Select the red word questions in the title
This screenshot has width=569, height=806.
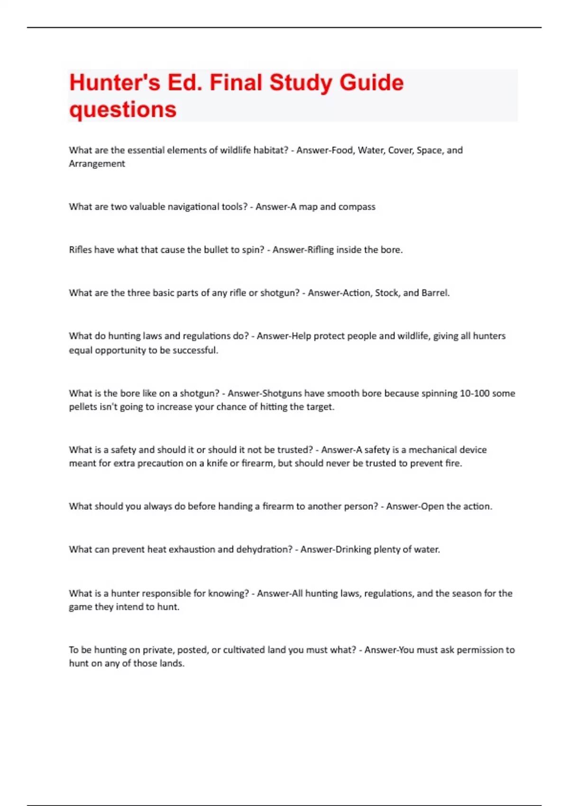[x=123, y=110]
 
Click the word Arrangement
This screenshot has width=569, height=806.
[x=97, y=164]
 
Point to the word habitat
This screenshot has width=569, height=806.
[x=269, y=150]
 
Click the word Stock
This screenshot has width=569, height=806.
[x=386, y=293]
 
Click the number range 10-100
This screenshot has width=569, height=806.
[x=474, y=394]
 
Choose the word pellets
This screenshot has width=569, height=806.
[x=83, y=407]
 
